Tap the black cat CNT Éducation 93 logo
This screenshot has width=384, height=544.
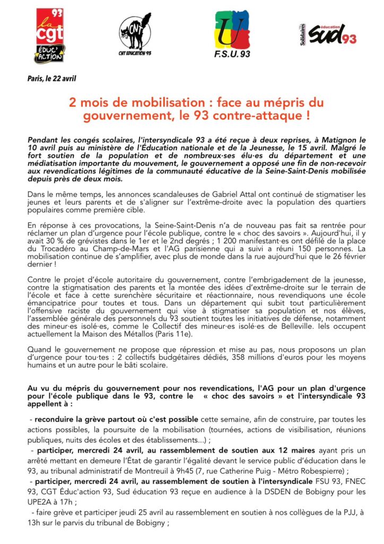(x=134, y=35)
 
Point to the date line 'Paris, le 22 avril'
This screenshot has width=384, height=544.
(x=52, y=79)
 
